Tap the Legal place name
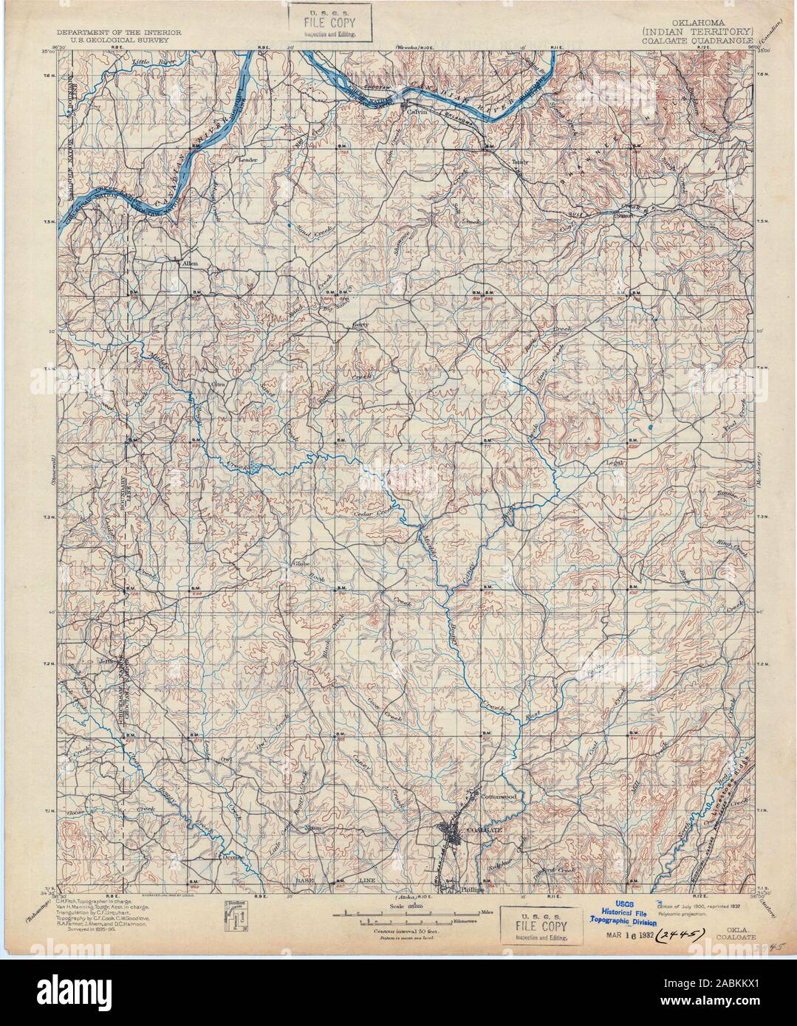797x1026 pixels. [x=616, y=464]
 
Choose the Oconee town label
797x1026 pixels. [x=233, y=858]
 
